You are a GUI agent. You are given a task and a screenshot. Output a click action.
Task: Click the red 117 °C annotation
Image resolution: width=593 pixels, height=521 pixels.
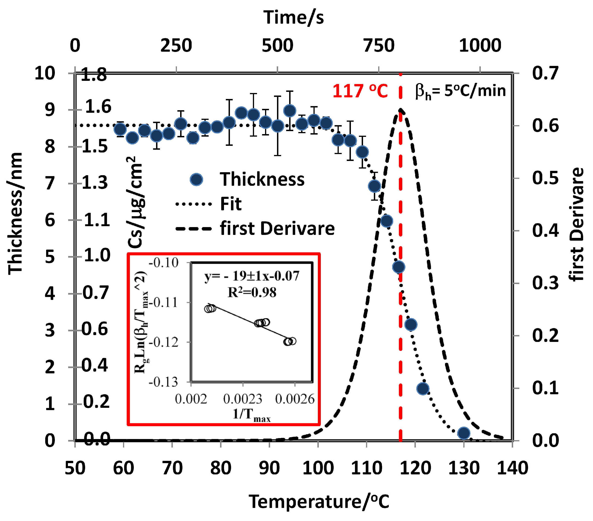pos(360,91)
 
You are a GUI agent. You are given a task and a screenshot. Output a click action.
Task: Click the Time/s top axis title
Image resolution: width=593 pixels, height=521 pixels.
pos(293,17)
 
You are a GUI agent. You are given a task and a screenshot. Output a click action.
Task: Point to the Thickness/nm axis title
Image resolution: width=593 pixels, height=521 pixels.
pos(15,213)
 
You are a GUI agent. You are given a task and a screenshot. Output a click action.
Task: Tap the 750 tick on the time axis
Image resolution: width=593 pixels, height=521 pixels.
pos(379,45)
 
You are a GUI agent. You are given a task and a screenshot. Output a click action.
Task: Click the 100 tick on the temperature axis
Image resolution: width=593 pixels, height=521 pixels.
pos(318,468)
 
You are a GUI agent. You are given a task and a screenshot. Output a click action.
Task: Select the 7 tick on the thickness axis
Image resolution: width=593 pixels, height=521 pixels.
pos(50,183)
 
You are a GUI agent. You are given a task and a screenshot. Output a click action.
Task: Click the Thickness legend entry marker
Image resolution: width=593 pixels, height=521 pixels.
pos(196,179)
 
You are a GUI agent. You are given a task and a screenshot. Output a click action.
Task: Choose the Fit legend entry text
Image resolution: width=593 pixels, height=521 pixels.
pos(231,204)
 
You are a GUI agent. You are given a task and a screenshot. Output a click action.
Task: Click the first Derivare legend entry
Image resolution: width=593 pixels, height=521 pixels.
pos(277,228)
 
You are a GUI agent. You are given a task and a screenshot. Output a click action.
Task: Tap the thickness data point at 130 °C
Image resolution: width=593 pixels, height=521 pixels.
pos(463,433)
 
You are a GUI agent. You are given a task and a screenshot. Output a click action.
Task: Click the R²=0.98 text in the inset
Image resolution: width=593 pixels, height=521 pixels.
pos(252,292)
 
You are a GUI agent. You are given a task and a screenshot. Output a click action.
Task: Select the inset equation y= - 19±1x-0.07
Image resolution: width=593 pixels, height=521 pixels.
pos(252,276)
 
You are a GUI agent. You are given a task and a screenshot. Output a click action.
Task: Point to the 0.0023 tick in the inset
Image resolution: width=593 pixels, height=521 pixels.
pos(243,399)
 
